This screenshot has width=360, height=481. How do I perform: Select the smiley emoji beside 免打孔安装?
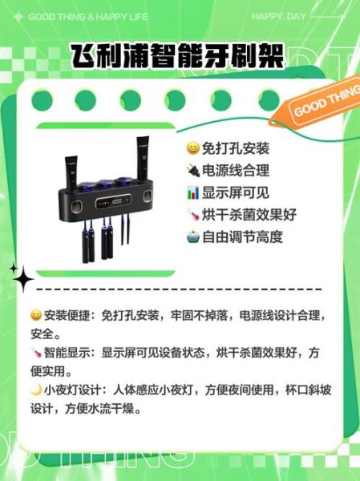[x=192, y=149]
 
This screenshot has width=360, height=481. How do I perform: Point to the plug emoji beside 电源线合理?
[x=192, y=171]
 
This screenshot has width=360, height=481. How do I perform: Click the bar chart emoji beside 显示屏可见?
[x=192, y=193]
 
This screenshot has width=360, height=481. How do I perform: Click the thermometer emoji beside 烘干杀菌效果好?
[x=192, y=215]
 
